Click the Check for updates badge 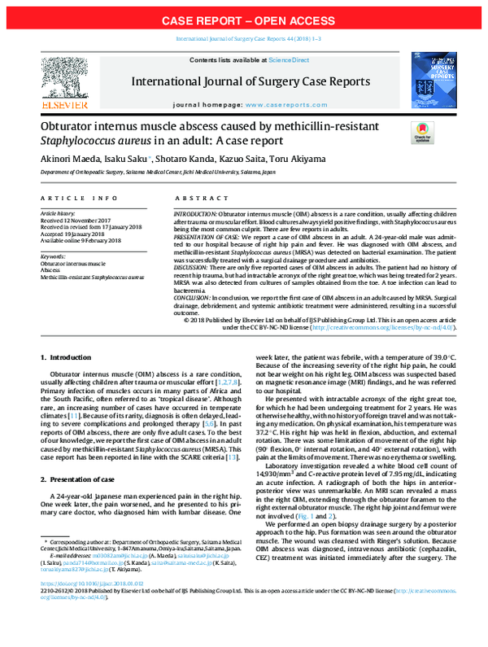click(x=423, y=133)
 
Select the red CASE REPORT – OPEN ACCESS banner click(x=243, y=19)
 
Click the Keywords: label click(x=53, y=256)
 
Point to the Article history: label click(x=58, y=212)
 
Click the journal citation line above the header click(x=243, y=39)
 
